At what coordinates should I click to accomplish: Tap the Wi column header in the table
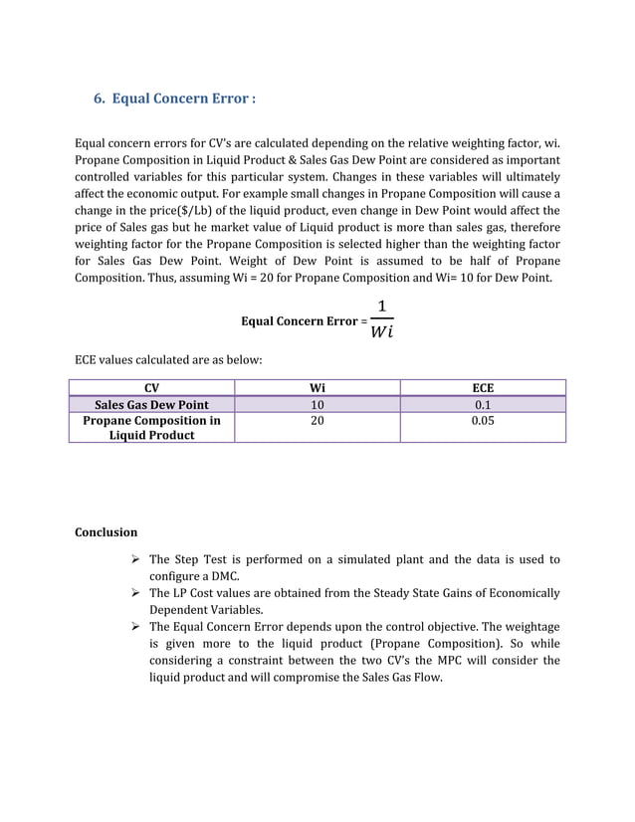click(317, 388)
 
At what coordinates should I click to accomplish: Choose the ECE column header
click(483, 388)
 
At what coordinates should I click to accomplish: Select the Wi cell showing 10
click(317, 404)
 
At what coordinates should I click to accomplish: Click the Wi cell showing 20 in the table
click(317, 421)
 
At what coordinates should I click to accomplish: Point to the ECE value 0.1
click(483, 404)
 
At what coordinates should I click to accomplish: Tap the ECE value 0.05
click(483, 421)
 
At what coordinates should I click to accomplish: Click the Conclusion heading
click(106, 531)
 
